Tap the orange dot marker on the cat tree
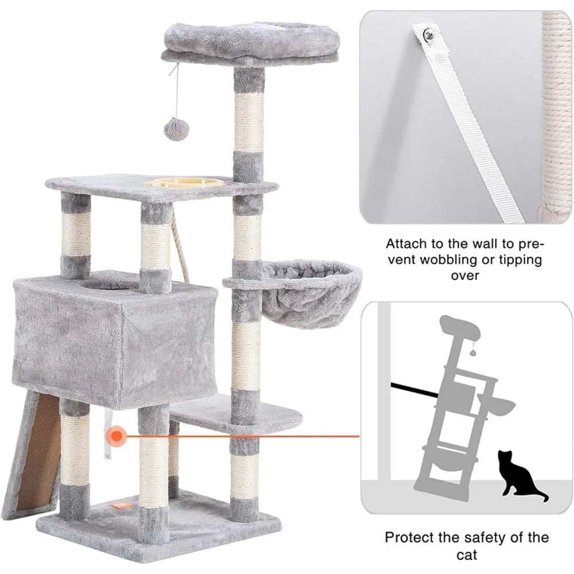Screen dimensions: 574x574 tap(117, 436)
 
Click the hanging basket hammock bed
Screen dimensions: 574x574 tap(311, 293)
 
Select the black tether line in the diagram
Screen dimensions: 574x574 tap(414, 390)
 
